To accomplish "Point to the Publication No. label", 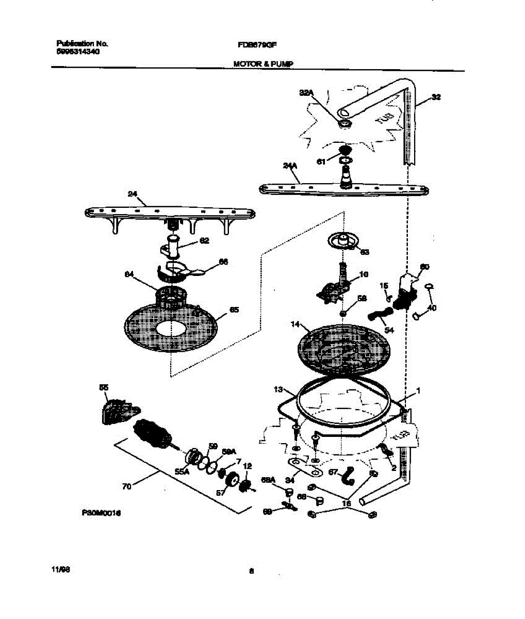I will pyautogui.click(x=81, y=44).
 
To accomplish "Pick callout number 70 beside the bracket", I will pyautogui.click(x=127, y=486).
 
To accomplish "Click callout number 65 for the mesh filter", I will pyautogui.click(x=234, y=310).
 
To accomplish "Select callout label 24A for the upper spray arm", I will pyautogui.click(x=290, y=166).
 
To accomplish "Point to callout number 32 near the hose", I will pyautogui.click(x=436, y=96).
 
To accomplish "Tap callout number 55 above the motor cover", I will pyautogui.click(x=104, y=387).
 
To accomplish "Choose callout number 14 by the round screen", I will pyautogui.click(x=295, y=324).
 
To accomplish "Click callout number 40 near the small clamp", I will pyautogui.click(x=432, y=308).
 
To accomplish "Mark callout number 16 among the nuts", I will pyautogui.click(x=347, y=503).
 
